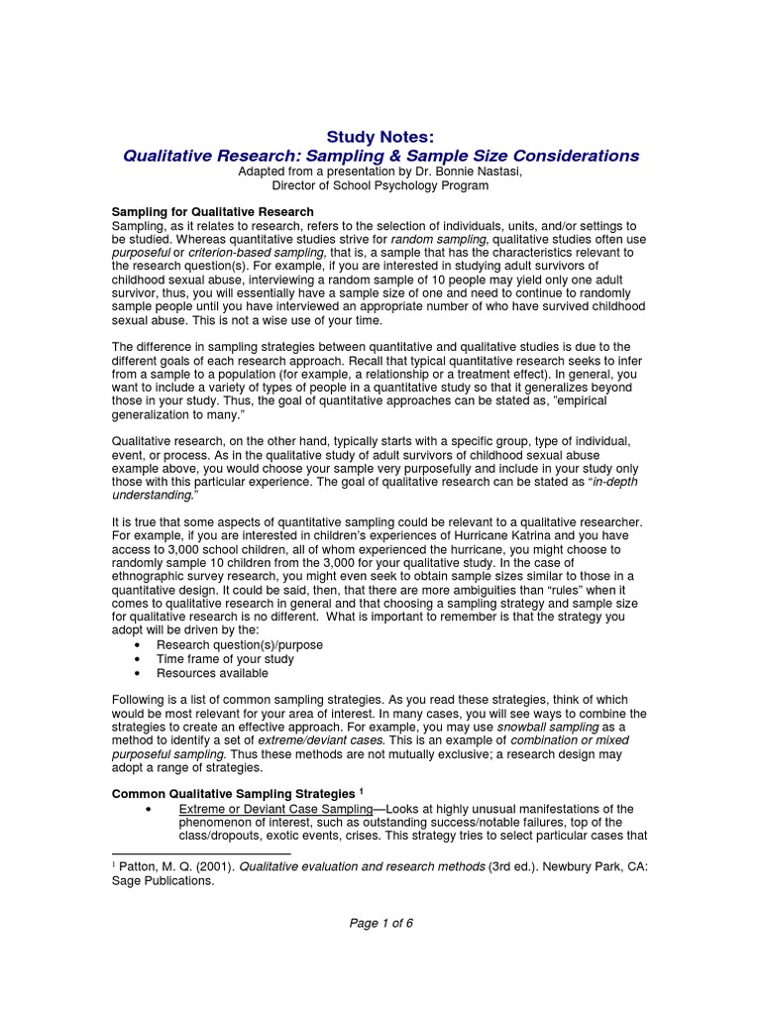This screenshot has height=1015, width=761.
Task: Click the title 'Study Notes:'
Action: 380,137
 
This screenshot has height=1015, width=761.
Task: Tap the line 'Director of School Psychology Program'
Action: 380,185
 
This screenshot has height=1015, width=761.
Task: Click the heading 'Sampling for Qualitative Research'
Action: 212,212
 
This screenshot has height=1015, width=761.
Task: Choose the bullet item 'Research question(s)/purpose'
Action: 240,645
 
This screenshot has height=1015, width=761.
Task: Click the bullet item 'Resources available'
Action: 213,673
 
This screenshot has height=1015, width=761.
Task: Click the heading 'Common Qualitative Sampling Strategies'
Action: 233,795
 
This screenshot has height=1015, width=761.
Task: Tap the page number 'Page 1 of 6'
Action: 380,924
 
